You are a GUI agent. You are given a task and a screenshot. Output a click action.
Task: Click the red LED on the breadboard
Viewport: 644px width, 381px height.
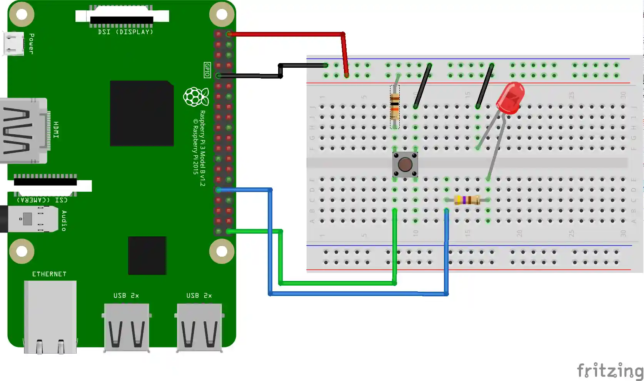pyautogui.click(x=511, y=98)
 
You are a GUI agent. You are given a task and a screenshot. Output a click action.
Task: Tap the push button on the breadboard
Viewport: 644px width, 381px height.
pyautogui.click(x=405, y=165)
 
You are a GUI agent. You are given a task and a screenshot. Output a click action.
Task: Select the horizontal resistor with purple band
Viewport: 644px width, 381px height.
pyautogui.click(x=467, y=200)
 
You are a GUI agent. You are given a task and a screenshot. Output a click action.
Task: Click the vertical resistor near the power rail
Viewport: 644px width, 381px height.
pyautogui.click(x=395, y=107)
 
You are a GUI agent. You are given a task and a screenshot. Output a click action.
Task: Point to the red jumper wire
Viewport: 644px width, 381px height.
pyautogui.click(x=287, y=34)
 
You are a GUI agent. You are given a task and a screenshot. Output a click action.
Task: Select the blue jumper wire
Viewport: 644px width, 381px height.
pyautogui.click(x=358, y=294)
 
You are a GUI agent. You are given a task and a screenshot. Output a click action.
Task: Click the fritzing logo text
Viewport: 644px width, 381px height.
pyautogui.click(x=610, y=370)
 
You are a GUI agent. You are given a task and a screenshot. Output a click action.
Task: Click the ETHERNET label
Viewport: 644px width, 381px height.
pyautogui.click(x=49, y=274)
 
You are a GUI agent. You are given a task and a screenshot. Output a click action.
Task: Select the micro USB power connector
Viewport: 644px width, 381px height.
pyautogui.click(x=13, y=43)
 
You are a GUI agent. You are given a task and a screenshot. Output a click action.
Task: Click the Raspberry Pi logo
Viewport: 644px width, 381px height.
pyautogui.click(x=196, y=97)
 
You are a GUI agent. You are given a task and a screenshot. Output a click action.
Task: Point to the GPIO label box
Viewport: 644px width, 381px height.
pyautogui.click(x=207, y=70)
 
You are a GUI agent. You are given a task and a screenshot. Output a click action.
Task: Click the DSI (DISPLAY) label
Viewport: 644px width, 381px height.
pyautogui.click(x=125, y=32)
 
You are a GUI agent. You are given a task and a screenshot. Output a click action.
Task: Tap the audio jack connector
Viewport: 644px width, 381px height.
pyautogui.click(x=29, y=219)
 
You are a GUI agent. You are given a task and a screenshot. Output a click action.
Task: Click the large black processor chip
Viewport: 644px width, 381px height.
pyautogui.click(x=142, y=113)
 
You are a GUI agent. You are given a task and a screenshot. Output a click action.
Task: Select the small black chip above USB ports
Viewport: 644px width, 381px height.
pyautogui.click(x=147, y=256)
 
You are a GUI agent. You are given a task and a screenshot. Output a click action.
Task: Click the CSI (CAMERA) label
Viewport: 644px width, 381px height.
pyautogui.click(x=42, y=200)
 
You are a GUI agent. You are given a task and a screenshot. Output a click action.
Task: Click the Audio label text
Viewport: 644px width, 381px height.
pyautogui.click(x=64, y=221)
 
